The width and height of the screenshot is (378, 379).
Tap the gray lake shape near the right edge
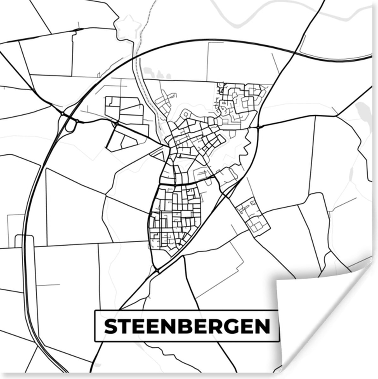point(360,111)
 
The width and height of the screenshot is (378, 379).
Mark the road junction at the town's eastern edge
point(258,127)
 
